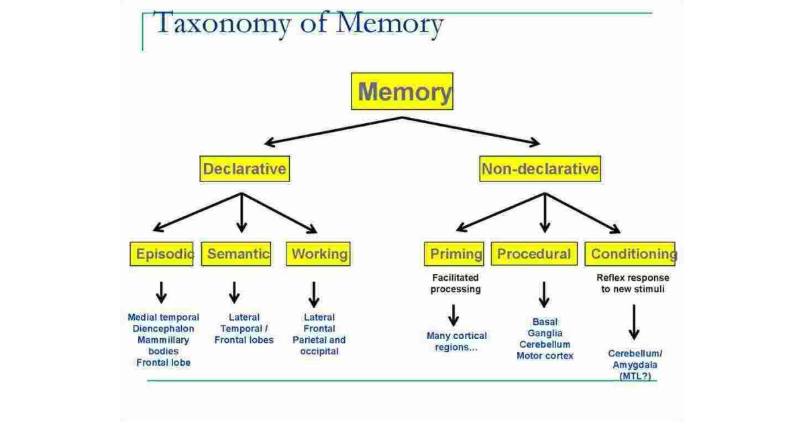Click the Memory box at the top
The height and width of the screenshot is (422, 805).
pos(402,91)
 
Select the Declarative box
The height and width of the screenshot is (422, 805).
pos(244,169)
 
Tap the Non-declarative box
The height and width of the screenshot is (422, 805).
pos(540,169)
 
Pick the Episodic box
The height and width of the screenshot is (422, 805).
pos(162,254)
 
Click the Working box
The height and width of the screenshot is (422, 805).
pos(319,254)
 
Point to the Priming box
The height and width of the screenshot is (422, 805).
pos(454,254)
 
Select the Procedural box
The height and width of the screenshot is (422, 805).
pos(534,254)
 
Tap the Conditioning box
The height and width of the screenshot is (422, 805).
pos(630,254)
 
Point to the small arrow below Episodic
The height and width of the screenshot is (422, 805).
pos(161,292)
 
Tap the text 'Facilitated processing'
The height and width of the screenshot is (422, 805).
pos(456,283)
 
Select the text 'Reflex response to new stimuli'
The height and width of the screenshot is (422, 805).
pos(633,283)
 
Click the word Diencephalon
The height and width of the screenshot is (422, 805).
pos(163,329)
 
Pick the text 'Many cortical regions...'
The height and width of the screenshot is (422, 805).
pos(456,342)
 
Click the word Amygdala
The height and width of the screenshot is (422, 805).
pos(635,365)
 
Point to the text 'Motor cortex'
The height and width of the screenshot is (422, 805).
pos(545,356)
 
